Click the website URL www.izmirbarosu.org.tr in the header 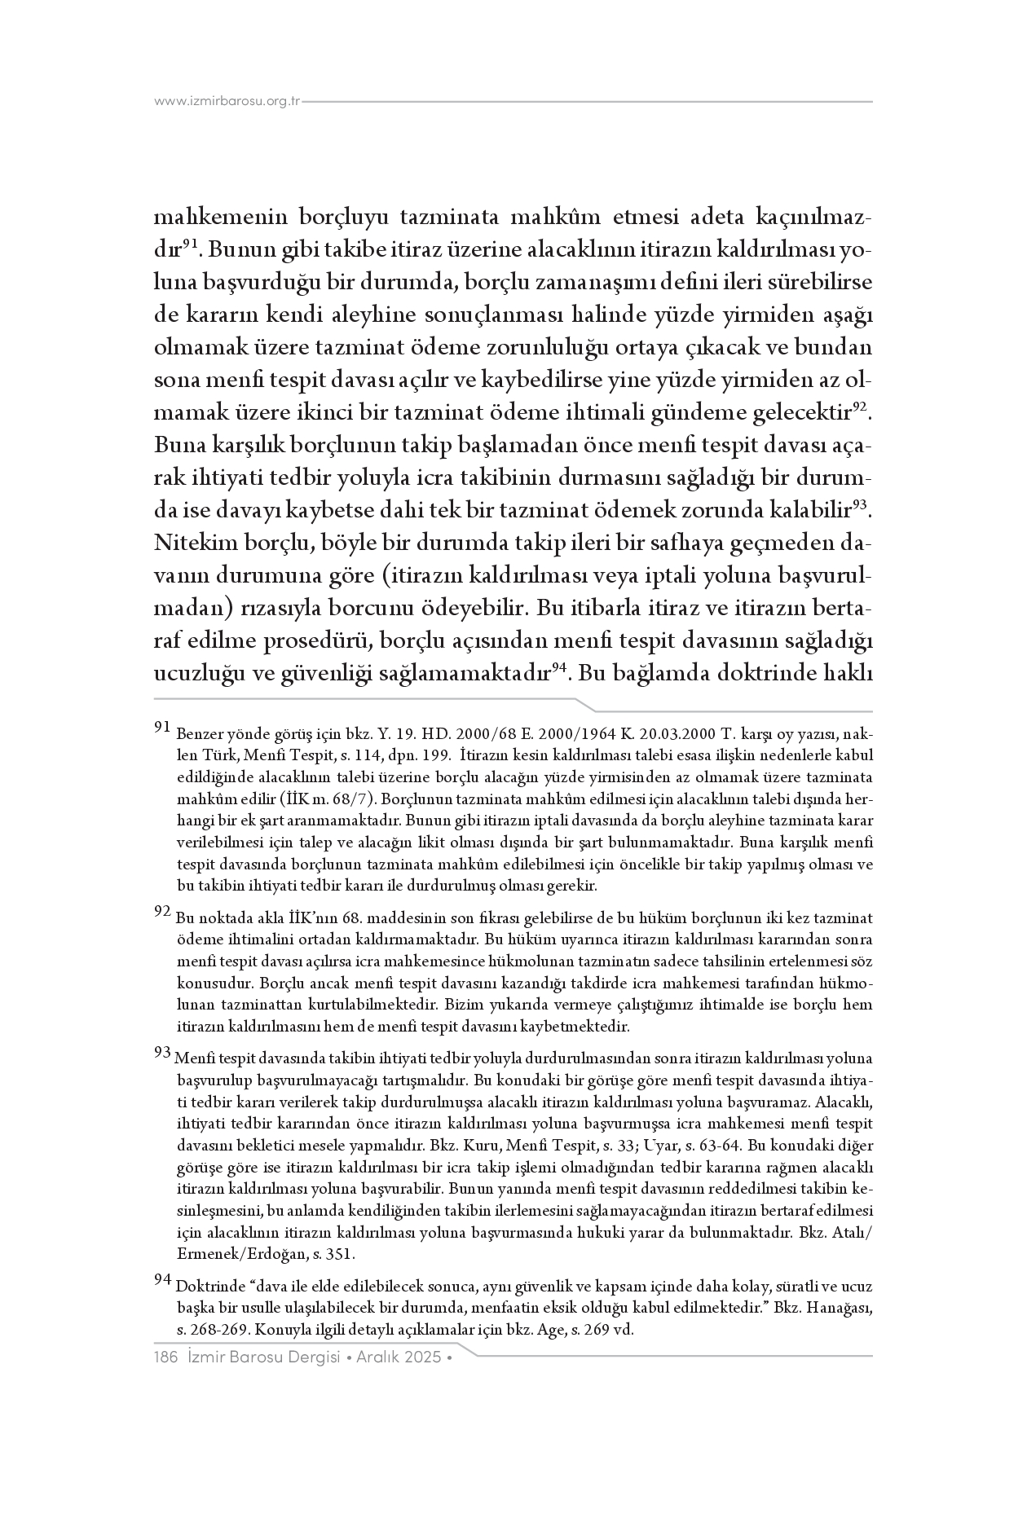tap(227, 102)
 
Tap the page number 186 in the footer tap(165, 1357)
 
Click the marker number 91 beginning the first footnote tap(161, 724)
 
